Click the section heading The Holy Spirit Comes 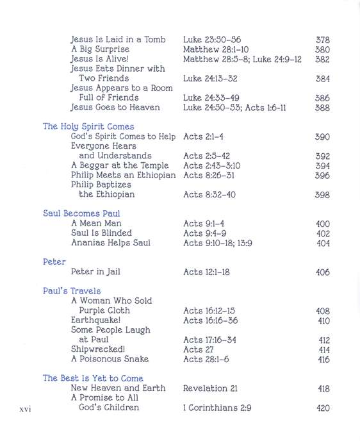88,127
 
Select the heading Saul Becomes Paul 81,213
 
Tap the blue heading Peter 54,262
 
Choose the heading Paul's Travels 72,291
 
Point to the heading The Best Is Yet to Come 93,378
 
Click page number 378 323,40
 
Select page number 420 323,408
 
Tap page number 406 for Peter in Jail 323,272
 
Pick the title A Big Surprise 100,49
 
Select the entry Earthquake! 95,320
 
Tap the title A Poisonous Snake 110,359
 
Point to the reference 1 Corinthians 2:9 223,408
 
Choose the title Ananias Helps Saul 110,243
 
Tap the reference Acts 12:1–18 206,272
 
